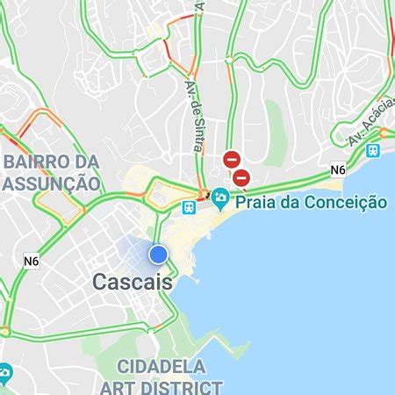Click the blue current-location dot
point(158,254)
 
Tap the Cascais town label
point(132,283)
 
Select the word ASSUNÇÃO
point(52,183)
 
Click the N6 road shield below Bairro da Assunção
point(32,261)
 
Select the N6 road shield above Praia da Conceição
point(338,169)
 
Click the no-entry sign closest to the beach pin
point(241,178)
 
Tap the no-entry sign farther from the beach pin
point(232,160)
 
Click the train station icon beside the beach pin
point(189,208)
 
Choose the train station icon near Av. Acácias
point(374,150)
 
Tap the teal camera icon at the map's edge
point(4,374)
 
